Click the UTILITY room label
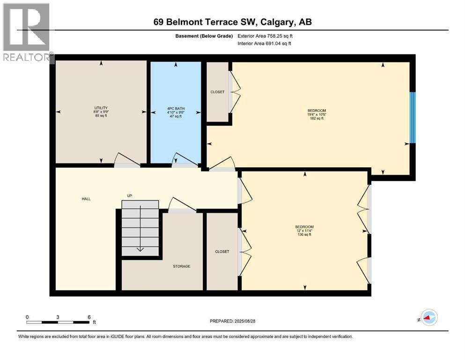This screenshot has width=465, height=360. point(101,108)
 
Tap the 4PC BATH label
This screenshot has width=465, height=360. point(174,109)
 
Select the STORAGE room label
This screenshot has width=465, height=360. point(182,266)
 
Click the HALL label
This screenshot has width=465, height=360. point(86,199)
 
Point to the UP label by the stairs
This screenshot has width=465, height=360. point(130,195)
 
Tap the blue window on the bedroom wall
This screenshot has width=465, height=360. point(413,117)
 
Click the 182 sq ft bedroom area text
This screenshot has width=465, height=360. point(317,119)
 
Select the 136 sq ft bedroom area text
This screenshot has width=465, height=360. point(304,234)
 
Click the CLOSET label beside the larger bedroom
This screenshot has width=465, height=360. point(217,92)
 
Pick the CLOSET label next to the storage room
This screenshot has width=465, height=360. point(222,252)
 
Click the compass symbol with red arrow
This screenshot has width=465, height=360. point(429,317)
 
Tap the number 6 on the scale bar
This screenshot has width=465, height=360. point(89,317)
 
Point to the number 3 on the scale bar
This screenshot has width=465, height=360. point(58,317)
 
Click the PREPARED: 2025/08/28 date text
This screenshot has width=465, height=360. point(233,321)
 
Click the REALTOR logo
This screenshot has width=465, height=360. point(27,33)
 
